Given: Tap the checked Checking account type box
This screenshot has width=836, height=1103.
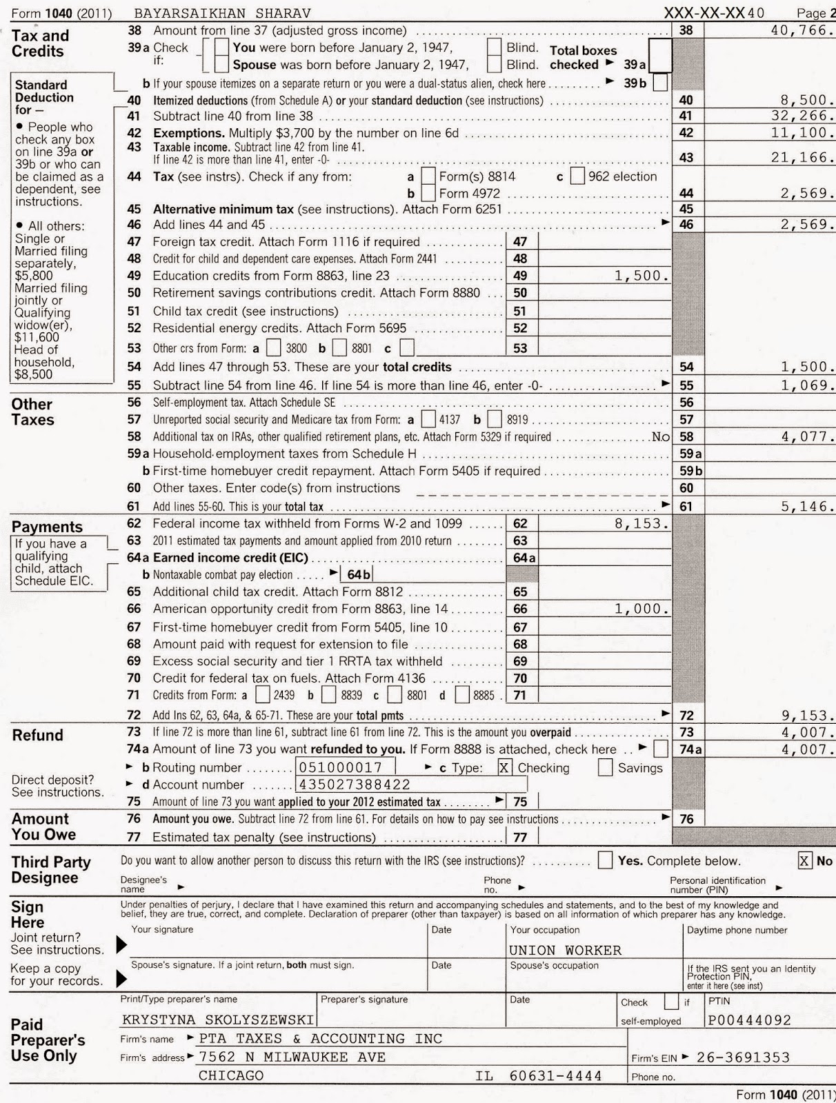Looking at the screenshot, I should click(505, 768).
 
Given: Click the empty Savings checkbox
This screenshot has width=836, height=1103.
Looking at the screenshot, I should click(605, 768).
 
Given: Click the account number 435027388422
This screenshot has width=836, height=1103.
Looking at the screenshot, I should click(354, 785).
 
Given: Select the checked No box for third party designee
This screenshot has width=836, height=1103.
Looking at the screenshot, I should click(805, 860).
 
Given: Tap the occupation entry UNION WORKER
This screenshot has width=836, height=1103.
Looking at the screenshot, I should click(565, 951).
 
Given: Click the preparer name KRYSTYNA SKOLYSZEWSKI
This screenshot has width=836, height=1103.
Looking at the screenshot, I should click(218, 1020).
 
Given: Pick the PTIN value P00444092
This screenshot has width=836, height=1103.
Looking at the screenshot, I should click(750, 1020).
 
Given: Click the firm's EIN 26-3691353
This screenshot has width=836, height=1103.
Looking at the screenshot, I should click(743, 1058).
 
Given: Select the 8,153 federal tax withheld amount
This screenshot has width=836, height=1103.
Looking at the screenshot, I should click(641, 524).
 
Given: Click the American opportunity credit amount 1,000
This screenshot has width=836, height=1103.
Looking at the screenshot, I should click(641, 609).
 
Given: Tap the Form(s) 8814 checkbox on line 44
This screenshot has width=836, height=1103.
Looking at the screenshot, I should click(428, 176).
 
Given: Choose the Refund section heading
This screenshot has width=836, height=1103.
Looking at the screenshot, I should click(37, 736).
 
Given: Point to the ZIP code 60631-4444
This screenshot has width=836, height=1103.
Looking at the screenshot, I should click(555, 1076).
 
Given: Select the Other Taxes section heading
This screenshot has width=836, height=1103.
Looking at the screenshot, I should click(32, 412).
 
